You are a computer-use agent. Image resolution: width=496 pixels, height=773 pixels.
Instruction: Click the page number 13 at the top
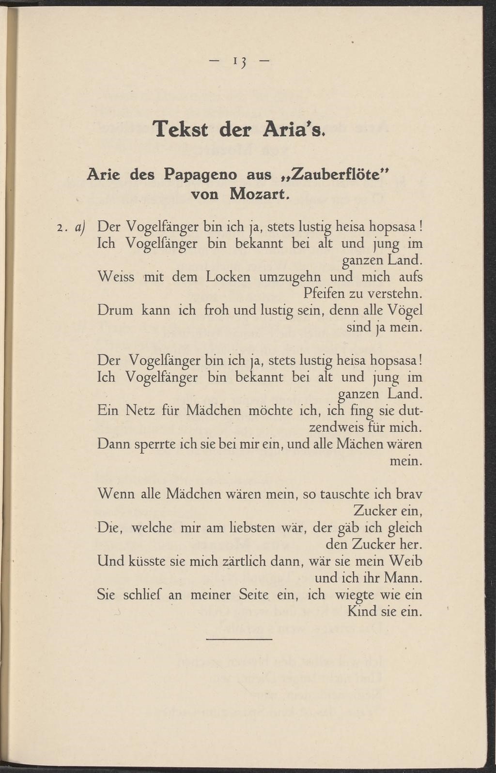239,61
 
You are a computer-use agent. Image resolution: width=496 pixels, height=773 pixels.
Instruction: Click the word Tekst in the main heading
180,130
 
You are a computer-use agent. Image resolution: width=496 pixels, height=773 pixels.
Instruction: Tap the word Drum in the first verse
115,310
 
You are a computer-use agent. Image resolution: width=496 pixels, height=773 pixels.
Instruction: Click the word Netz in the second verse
140,411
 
